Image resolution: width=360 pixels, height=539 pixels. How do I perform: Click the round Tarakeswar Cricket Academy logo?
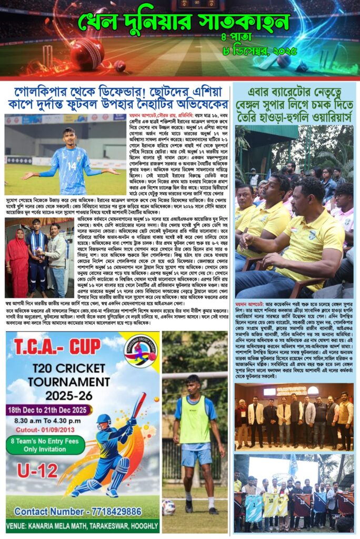click(140, 350)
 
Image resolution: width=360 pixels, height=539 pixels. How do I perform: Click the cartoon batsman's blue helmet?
click(104, 421)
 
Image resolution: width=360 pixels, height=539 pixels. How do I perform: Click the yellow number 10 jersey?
click(271, 502)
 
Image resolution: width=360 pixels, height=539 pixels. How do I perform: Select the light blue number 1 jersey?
click(253, 507)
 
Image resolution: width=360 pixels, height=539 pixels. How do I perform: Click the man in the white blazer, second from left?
click(256, 416)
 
